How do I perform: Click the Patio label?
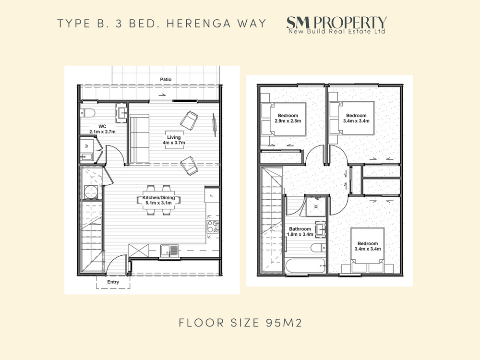pyautogui.click(x=166, y=79)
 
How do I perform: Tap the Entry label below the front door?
pyautogui.click(x=113, y=282)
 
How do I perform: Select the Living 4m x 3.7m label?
pyautogui.click(x=174, y=140)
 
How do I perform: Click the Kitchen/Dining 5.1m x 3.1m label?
pyautogui.click(x=158, y=200)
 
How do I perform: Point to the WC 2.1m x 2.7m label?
pyautogui.click(x=102, y=129)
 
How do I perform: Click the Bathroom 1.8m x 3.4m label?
pyautogui.click(x=300, y=232)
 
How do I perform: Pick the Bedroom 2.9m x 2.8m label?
pyautogui.click(x=288, y=118)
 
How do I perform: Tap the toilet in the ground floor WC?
pyautogui.click(x=87, y=113)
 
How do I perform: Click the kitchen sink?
pyautogui.click(x=169, y=251)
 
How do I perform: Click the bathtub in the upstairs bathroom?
pyautogui.click(x=305, y=266)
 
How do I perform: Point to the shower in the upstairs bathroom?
pyautogui.click(x=316, y=206)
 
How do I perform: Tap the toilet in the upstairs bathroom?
pyautogui.click(x=318, y=247)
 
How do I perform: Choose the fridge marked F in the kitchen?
pyautogui.click(x=212, y=195)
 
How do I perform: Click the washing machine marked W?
pyautogui.click(x=87, y=145)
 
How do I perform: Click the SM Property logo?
pyautogui.click(x=337, y=25)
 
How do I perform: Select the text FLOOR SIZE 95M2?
pyautogui.click(x=240, y=323)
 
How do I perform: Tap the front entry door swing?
pyautogui.click(x=116, y=264)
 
